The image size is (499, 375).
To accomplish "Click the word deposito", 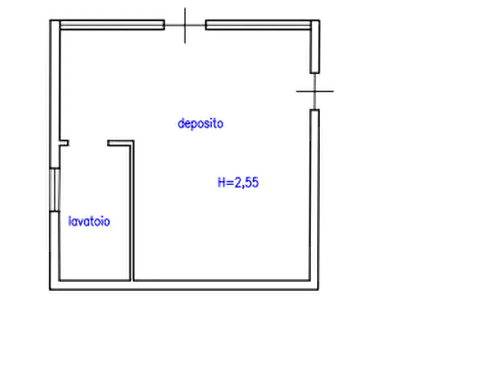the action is pos(200,124).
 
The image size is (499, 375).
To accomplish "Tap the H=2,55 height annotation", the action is pos(238,182).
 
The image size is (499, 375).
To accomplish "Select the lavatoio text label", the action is pos(89,221).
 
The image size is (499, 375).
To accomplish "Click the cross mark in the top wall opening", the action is pos(185,25).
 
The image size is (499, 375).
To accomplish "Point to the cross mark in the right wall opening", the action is pos(315,91).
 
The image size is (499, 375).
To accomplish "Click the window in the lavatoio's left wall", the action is pos(55,189).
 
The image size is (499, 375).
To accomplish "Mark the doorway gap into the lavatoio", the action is pos(88,143).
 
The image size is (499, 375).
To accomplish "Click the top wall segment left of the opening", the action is pos(112,25).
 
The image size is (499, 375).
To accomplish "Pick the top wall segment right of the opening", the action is pos(258,25).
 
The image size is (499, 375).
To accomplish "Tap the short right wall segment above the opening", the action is pos(315,47).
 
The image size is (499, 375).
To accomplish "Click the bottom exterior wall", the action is pos(184,285).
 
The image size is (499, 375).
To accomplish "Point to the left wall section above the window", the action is pos(55,94).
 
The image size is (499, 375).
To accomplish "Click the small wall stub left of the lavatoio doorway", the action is pos(64,143).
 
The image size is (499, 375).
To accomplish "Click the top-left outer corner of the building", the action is pos(50,20).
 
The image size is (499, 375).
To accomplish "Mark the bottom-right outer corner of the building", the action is pos(319,290).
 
